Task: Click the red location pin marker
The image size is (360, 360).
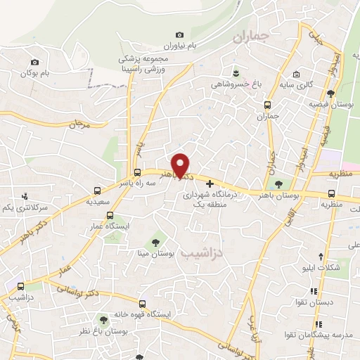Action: (x=181, y=166)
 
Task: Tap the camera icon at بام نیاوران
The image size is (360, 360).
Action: (x=179, y=35)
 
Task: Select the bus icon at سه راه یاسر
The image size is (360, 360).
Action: (x=137, y=172)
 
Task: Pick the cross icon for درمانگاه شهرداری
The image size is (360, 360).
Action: (x=209, y=182)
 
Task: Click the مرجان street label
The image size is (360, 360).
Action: (x=77, y=124)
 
